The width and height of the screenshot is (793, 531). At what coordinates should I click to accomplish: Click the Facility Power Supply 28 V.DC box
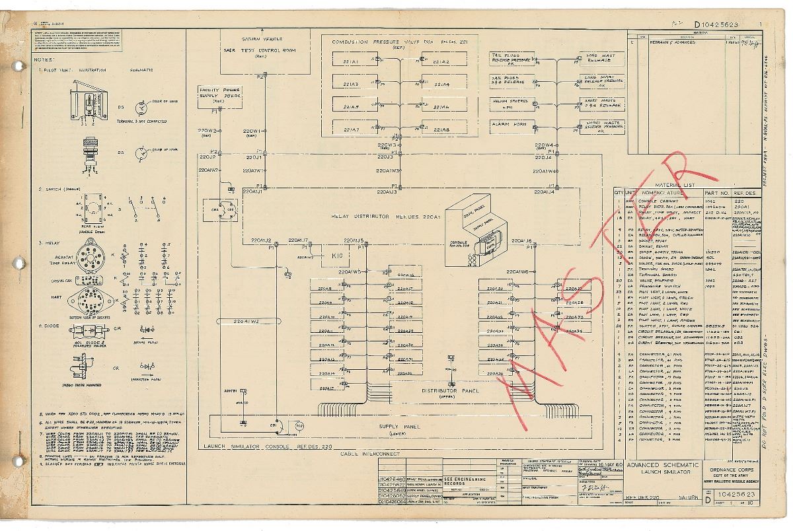click(216, 95)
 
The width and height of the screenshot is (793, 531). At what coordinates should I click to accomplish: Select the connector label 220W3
click(387, 145)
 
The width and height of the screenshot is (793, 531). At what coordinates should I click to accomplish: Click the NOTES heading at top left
click(39, 59)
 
